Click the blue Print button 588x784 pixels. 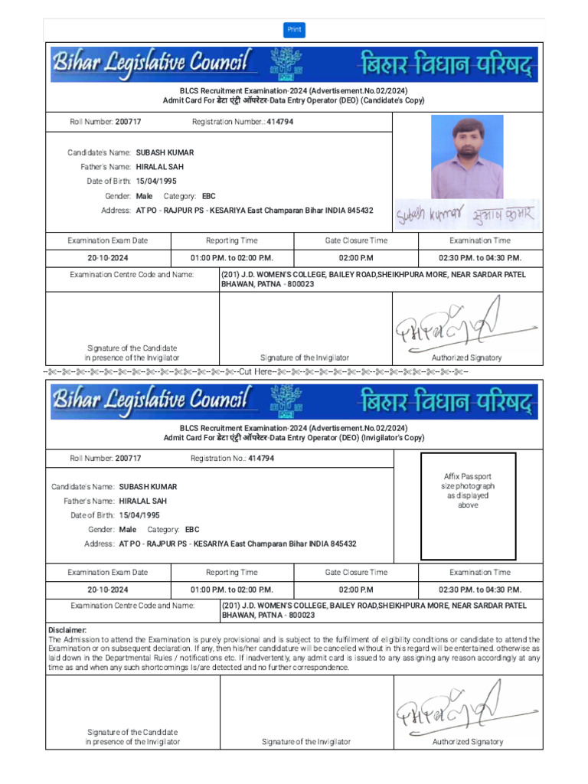point(294,30)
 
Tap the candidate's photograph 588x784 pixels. point(467,156)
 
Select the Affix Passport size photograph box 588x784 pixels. point(468,506)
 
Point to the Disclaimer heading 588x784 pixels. point(67,630)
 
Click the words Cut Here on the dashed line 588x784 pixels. point(256,371)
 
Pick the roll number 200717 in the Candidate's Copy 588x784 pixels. point(128,122)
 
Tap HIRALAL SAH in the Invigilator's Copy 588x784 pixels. point(143,501)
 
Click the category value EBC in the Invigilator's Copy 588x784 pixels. point(192,529)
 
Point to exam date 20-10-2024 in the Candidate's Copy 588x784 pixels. point(108,258)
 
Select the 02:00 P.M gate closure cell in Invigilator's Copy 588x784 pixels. point(356,590)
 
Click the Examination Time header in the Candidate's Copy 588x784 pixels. point(480,240)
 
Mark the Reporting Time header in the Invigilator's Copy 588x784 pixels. point(232,572)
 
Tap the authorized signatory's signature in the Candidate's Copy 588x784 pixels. point(452,325)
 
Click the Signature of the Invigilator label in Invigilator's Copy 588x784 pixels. point(306,742)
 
